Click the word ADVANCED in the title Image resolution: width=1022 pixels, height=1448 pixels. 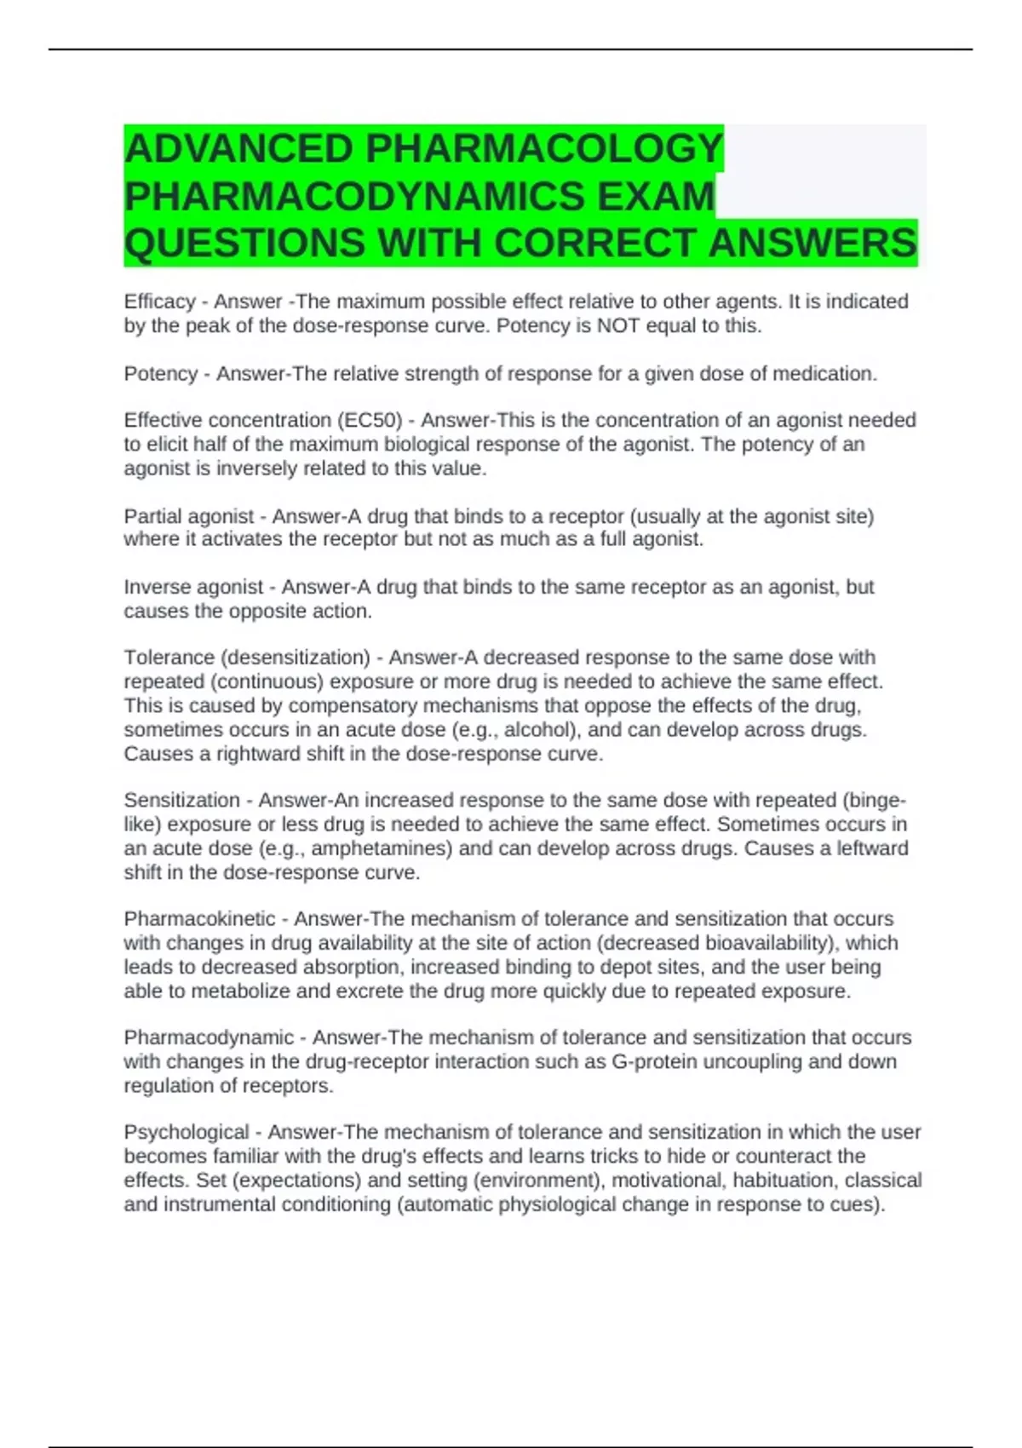coord(239,149)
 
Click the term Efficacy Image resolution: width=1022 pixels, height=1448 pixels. coord(160,302)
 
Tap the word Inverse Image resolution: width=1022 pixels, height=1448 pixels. coord(158,587)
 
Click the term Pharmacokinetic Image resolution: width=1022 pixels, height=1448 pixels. coord(200,919)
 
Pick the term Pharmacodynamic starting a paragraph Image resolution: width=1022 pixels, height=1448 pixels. coord(209,1037)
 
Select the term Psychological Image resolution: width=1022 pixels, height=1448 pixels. coord(187,1132)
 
